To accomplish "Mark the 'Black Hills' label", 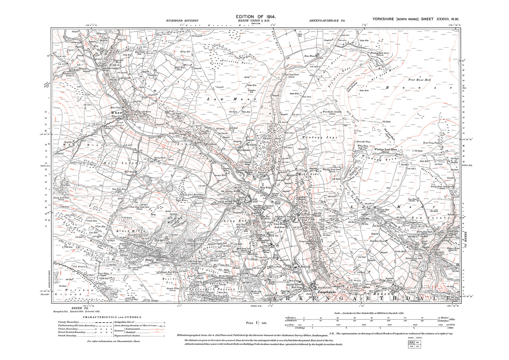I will pos(123,231).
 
